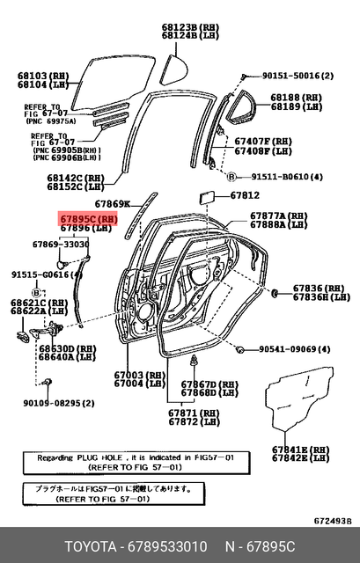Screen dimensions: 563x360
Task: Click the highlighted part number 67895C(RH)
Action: [87, 217]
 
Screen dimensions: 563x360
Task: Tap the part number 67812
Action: [245, 194]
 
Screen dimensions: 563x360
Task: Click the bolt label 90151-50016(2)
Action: [294, 77]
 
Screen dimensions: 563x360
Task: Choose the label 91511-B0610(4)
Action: [280, 176]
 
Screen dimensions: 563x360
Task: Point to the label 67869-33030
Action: [61, 244]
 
